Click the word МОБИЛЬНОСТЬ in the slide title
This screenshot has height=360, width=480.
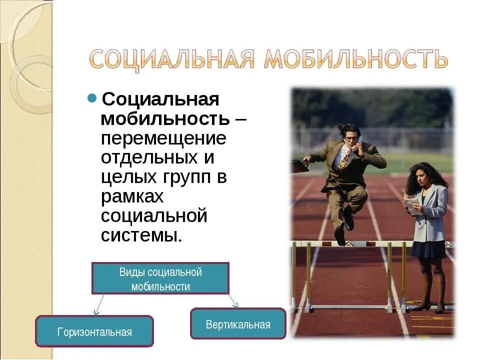[355, 59]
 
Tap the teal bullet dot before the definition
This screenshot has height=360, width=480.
[92, 97]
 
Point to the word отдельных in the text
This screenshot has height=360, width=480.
[148, 157]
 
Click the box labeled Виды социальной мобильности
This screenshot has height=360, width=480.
[160, 278]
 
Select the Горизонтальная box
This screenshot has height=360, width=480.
[94, 331]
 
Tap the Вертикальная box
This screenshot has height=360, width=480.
[238, 324]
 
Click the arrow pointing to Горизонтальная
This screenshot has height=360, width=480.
[98, 304]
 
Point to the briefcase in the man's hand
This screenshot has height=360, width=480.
[299, 165]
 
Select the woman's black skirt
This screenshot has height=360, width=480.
[428, 249]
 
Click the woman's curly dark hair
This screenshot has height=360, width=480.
[425, 175]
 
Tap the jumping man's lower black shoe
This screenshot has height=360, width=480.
[340, 236]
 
